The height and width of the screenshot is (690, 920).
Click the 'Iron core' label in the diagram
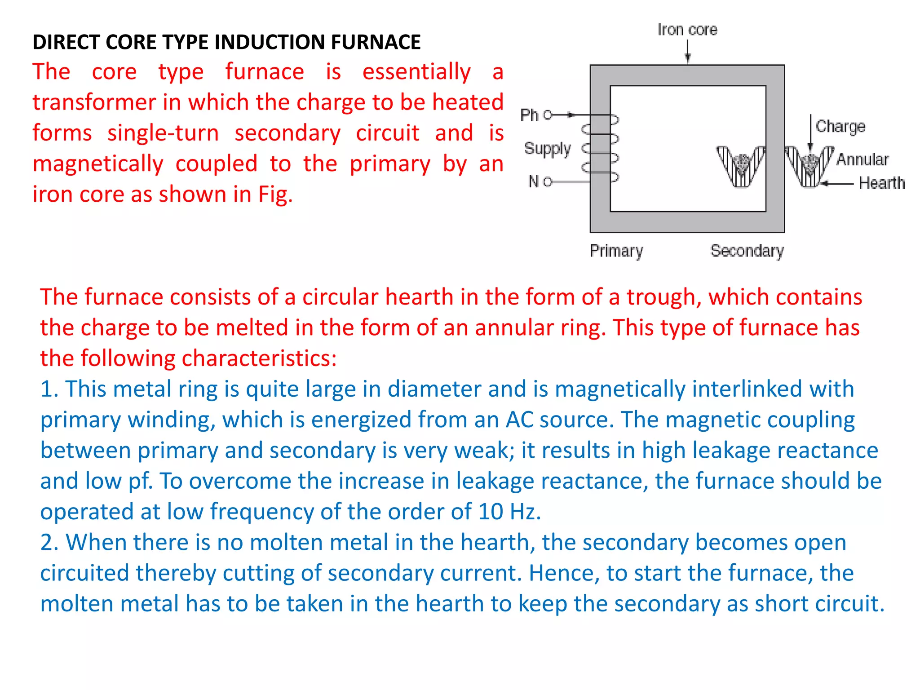coord(687,30)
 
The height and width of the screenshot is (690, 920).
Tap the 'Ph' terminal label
coord(529,115)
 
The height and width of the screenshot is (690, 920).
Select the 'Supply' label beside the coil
coord(547,149)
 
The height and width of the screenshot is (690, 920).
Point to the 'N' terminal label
coord(533,181)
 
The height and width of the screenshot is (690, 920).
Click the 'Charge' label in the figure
coord(840,127)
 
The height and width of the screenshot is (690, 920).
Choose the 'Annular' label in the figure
coord(862,159)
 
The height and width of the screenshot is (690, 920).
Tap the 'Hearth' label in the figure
coord(881,183)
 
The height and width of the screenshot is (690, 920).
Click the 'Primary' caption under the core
coord(616,251)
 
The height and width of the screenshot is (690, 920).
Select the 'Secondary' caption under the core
coord(747,251)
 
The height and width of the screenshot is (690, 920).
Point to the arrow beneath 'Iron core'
coord(687,52)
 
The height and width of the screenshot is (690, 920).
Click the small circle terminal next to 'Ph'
coord(547,115)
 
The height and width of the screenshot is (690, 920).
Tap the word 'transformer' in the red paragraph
coord(93,102)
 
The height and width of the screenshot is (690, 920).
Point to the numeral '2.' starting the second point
coord(49,542)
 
